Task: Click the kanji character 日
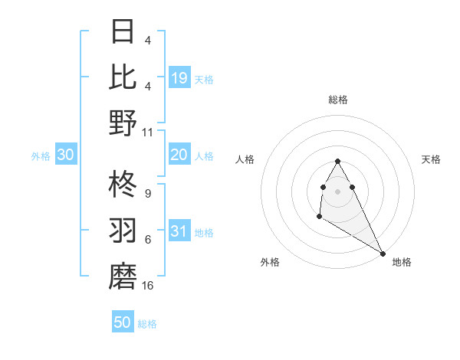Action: [x=123, y=31]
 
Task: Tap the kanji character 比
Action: [x=123, y=76]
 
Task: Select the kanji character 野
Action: [x=123, y=123]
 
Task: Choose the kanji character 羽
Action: [x=123, y=231]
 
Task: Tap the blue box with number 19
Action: [x=179, y=77]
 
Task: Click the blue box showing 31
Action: [x=179, y=231]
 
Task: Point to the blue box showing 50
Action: [x=123, y=322]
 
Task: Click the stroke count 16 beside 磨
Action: [x=148, y=286]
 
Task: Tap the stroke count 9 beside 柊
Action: [x=147, y=193]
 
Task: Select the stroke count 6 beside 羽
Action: [x=147, y=240]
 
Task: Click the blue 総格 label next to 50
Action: [x=147, y=324]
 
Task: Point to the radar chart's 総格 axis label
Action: [x=338, y=100]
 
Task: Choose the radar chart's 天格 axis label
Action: [x=432, y=159]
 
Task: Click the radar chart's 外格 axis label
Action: [x=269, y=262]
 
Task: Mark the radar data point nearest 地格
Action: [x=383, y=254]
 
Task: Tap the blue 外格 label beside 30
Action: [x=41, y=156]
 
